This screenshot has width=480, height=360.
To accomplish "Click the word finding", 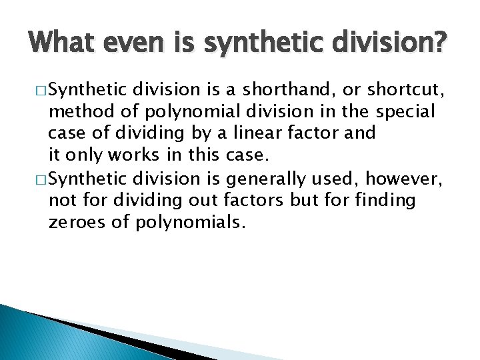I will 383,200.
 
